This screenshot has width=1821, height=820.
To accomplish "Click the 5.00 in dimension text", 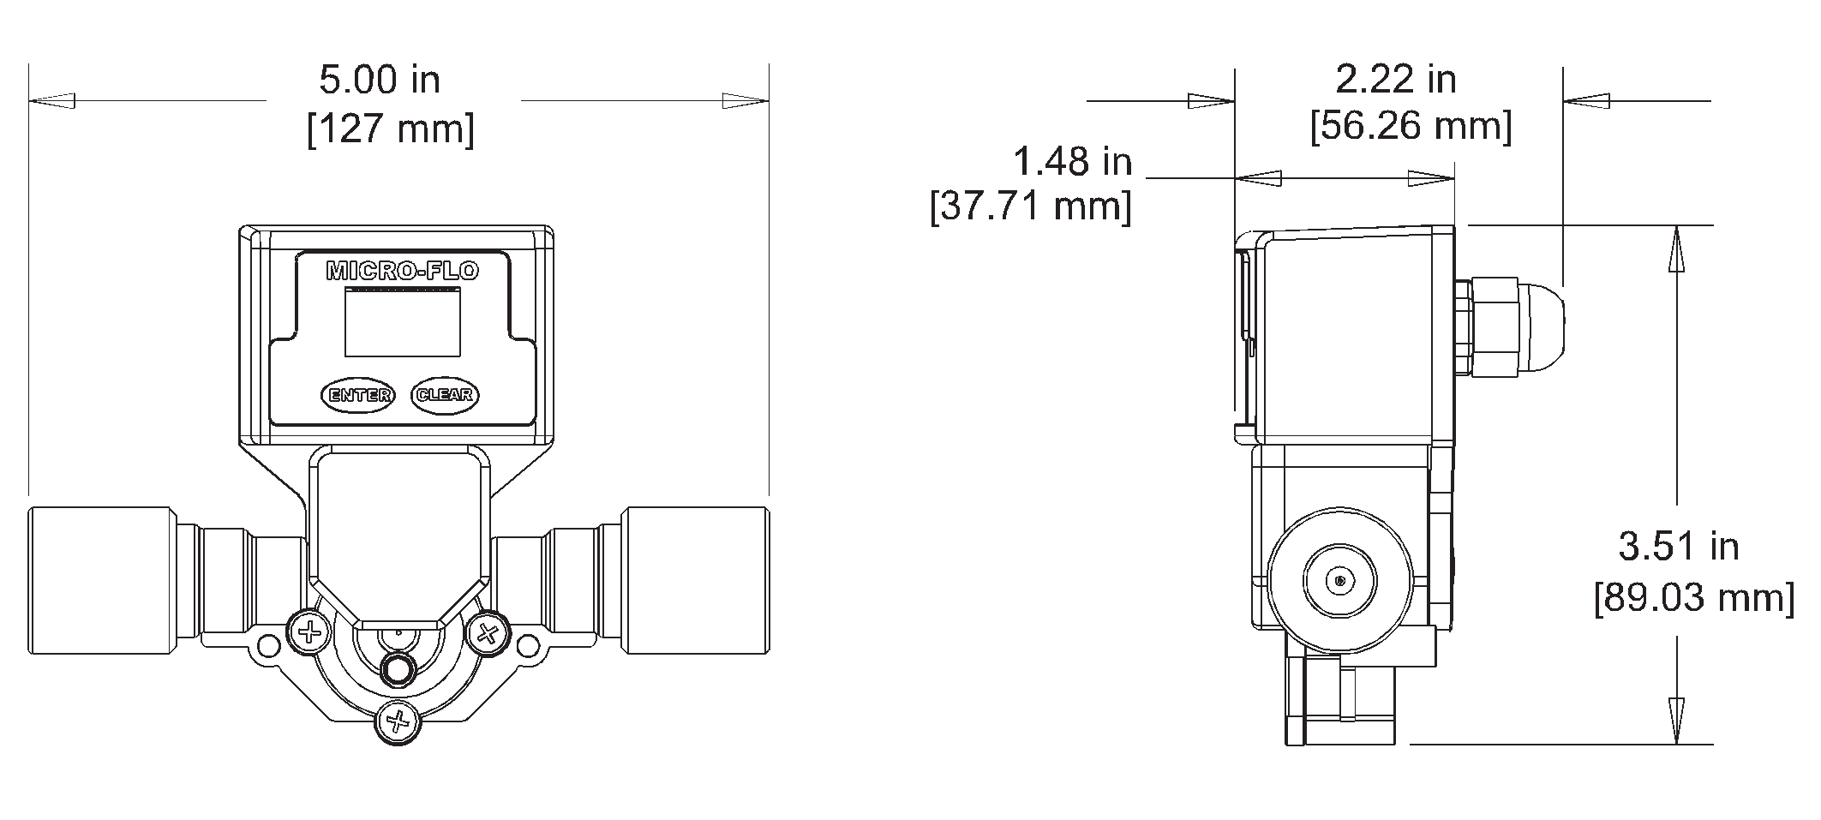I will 380,81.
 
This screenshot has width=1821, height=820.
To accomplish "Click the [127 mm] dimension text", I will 391,129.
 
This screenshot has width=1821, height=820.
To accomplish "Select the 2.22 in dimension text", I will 1396,80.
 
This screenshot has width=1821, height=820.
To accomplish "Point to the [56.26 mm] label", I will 1411,126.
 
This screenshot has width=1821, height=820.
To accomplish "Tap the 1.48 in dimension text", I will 1072,161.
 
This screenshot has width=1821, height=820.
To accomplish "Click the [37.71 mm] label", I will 1031,206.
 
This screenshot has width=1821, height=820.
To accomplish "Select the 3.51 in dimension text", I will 1678,546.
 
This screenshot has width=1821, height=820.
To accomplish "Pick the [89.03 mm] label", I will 1694,597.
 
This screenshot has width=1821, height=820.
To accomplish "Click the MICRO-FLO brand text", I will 402,272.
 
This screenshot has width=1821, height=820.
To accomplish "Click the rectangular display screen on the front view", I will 402,322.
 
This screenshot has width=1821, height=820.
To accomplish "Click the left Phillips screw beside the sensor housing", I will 309,634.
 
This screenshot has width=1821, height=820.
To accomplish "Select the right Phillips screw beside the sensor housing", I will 488,634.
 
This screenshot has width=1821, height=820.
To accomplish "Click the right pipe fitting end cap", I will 696,581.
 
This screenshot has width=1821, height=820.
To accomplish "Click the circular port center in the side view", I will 1339,581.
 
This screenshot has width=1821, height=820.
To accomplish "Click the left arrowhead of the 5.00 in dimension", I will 51,101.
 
